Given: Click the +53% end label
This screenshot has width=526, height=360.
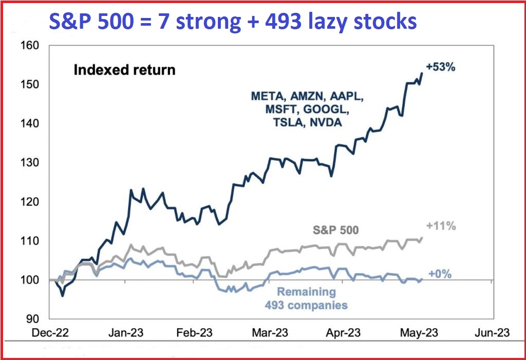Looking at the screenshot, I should [441, 67].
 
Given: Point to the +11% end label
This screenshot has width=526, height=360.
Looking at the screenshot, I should [441, 225].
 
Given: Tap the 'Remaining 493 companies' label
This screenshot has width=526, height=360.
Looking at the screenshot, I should [306, 298].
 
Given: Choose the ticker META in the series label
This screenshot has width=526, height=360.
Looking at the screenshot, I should [268, 96].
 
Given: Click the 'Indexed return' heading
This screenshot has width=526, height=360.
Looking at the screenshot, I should [124, 70].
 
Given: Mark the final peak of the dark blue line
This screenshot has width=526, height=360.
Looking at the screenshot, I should [422, 73].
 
